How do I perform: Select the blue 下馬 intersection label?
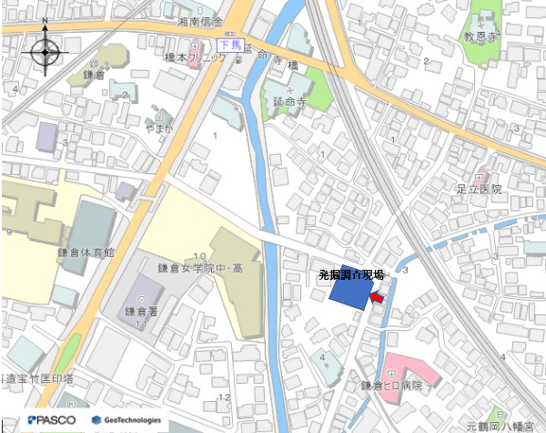228,45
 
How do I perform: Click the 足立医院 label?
480,189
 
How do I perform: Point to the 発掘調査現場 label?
350,274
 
